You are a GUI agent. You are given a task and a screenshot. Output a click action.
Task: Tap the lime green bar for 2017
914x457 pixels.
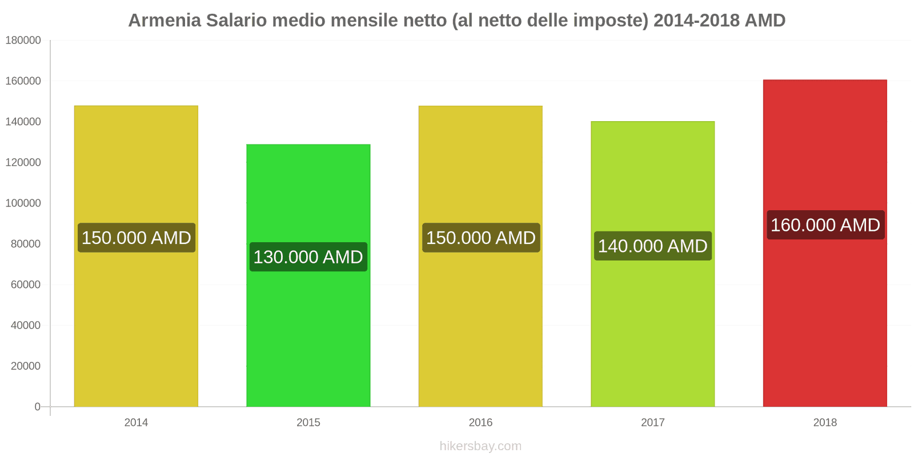pyautogui.click(x=652, y=331)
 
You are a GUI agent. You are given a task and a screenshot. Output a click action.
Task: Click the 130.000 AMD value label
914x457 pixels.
pyautogui.click(x=308, y=257)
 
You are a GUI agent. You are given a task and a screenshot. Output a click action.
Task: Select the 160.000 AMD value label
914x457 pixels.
pyautogui.click(x=825, y=225)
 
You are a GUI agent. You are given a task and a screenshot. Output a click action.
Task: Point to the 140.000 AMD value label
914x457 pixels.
pyautogui.click(x=652, y=246)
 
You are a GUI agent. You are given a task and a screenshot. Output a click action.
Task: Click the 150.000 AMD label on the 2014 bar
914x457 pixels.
pyautogui.click(x=136, y=238)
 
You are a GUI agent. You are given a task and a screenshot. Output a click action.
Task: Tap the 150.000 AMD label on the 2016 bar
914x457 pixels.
pyautogui.click(x=480, y=238)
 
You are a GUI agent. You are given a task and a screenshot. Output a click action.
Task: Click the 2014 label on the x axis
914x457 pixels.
pyautogui.click(x=136, y=423)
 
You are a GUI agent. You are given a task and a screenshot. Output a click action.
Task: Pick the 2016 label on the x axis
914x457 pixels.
pyautogui.click(x=480, y=423)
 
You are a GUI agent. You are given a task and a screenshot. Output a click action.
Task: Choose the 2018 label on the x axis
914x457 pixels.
pyautogui.click(x=824, y=423)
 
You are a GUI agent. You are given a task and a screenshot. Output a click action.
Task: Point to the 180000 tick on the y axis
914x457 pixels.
pyautogui.click(x=23, y=41)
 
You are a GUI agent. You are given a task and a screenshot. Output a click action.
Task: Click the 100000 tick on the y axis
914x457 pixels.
pyautogui.click(x=23, y=203)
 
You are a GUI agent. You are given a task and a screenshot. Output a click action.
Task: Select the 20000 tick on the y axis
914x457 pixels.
pyautogui.click(x=26, y=366)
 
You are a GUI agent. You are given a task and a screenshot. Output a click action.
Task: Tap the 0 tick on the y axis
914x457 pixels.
pyautogui.click(x=37, y=407)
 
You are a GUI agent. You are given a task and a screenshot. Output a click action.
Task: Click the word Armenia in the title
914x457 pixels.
pyautogui.click(x=165, y=21)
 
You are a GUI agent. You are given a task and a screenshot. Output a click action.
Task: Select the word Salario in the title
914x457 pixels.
pyautogui.click(x=236, y=21)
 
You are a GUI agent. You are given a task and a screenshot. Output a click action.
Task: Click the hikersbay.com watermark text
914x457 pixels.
pyautogui.click(x=480, y=446)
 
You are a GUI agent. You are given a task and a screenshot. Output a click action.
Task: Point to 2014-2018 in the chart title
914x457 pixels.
pyautogui.click(x=696, y=21)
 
